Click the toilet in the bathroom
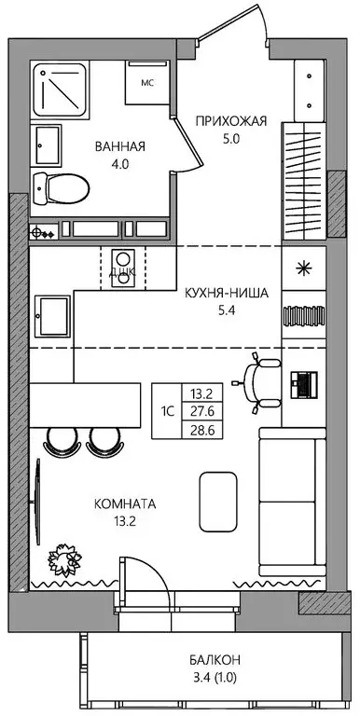61,188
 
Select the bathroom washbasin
47,144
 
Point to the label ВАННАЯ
120,146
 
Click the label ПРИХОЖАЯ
231,120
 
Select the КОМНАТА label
125,503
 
